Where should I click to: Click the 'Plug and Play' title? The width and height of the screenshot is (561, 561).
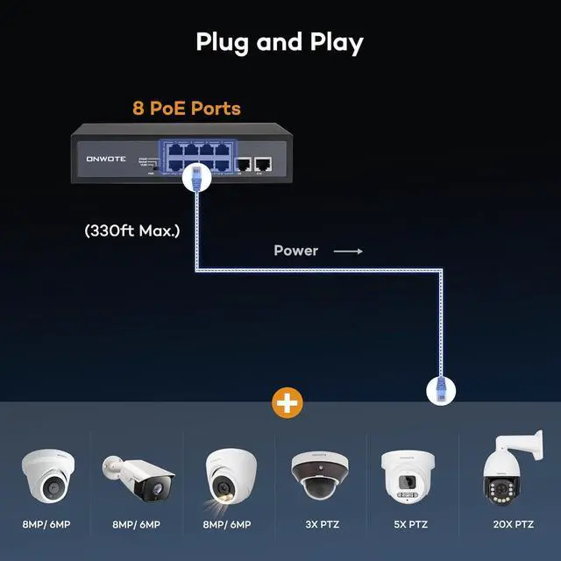(x=279, y=42)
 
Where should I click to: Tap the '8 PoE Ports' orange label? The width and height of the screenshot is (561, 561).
(x=187, y=109)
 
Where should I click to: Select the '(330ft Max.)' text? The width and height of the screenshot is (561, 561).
(x=132, y=231)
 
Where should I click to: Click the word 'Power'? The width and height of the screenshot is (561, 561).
(x=295, y=251)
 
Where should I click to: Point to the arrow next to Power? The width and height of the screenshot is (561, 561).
(x=347, y=251)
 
